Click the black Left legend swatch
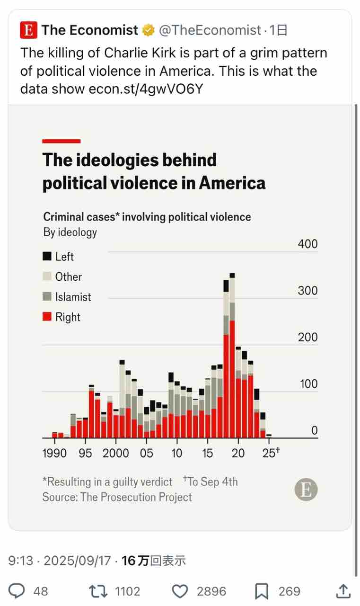[47, 256]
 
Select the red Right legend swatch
[47, 317]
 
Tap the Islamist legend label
[73, 297]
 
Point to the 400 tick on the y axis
[307, 244]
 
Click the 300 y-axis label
[307, 291]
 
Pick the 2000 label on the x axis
[115, 453]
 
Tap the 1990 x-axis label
[54, 453]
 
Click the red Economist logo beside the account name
[29, 31]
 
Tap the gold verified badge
[149, 31]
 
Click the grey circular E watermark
[306, 490]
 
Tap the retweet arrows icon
[97, 591]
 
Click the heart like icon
[179, 591]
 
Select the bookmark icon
[262, 591]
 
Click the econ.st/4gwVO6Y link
[146, 89]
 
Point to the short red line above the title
[61, 141]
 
